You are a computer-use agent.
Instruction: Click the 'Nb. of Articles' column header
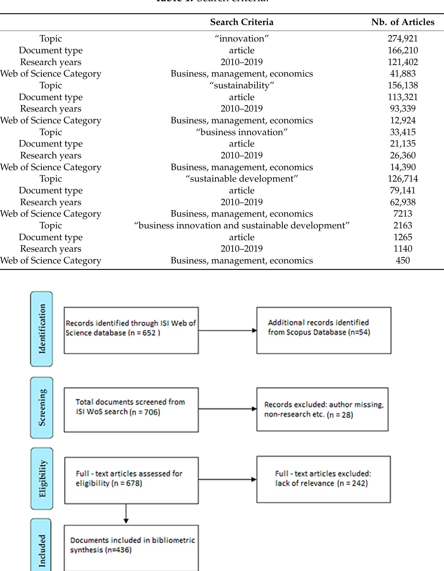[403, 22]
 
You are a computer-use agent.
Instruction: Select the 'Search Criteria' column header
[242, 22]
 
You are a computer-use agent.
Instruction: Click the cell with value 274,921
[403, 39]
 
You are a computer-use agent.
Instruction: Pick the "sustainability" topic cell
[242, 85]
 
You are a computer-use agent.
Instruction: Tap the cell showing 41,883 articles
[403, 74]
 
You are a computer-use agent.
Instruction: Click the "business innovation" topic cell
[242, 132]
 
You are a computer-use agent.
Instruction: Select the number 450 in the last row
[403, 260]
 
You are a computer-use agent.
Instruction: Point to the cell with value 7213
[403, 214]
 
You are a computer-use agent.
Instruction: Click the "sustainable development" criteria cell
[242, 179]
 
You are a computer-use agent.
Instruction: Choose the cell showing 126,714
[403, 179]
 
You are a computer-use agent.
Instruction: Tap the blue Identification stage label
[42, 329]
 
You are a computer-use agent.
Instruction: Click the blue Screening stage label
[42, 407]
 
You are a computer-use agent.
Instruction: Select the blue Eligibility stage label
[42, 479]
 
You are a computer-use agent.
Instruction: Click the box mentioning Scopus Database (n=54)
[324, 330]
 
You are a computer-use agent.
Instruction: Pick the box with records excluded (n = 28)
[322, 409]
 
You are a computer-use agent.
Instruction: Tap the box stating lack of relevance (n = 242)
[323, 479]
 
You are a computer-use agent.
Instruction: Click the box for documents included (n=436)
[131, 547]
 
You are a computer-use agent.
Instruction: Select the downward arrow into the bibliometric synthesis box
[126, 514]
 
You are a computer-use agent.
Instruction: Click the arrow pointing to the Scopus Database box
[227, 330]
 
